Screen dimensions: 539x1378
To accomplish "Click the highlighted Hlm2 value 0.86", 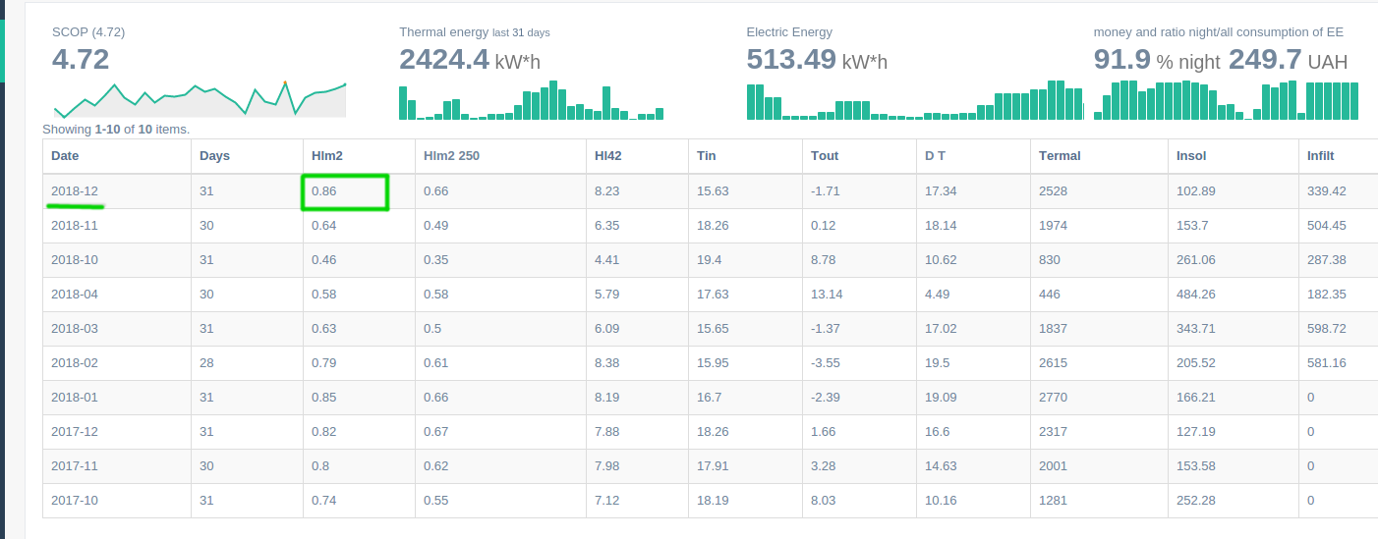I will click(324, 191).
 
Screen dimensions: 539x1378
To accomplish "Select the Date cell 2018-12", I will click(75, 191).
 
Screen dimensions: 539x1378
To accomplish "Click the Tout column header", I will click(825, 156).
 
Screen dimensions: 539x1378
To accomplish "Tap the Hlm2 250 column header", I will click(451, 156).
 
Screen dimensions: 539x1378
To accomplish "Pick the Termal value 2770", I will click(1053, 398).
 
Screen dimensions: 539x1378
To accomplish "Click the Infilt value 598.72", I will click(1326, 329).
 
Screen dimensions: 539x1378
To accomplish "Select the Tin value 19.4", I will click(710, 260).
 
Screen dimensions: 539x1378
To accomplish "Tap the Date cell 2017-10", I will click(75, 501).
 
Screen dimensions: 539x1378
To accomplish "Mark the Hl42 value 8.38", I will click(607, 363).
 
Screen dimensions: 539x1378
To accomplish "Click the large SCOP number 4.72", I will click(81, 60).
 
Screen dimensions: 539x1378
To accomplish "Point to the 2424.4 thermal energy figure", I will click(443, 60).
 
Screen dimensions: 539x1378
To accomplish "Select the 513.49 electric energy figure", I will click(790, 60).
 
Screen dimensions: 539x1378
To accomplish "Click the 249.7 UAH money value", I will click(1265, 60).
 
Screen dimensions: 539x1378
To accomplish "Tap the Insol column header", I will click(1191, 156).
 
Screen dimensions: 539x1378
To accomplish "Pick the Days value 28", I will click(206, 363).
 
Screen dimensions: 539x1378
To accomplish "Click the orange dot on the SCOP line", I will click(285, 82).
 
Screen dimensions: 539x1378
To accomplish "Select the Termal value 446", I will click(1050, 295).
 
